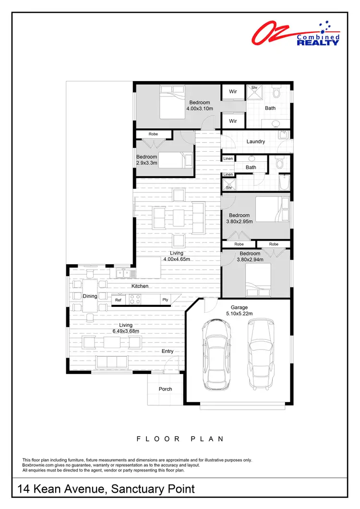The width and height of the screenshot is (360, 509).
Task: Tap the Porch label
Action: pyautogui.click(x=165, y=389)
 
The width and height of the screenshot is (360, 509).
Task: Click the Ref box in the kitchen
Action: pyautogui.click(x=118, y=300)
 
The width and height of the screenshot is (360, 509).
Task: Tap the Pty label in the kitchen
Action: pyautogui.click(x=165, y=300)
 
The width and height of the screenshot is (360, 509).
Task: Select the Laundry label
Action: pyautogui.click(x=256, y=142)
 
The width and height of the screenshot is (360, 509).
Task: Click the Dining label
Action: pyautogui.click(x=90, y=296)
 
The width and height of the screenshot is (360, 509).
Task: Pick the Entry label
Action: pyautogui.click(x=168, y=351)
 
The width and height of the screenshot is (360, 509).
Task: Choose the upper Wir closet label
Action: pyautogui.click(x=233, y=91)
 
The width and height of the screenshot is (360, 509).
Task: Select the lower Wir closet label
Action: pyautogui.click(x=233, y=121)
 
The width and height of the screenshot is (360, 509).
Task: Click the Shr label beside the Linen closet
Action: pyautogui.click(x=229, y=188)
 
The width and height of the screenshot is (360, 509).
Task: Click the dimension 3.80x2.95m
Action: pyautogui.click(x=239, y=221)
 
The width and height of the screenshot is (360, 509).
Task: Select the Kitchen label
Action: pyautogui.click(x=140, y=286)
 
